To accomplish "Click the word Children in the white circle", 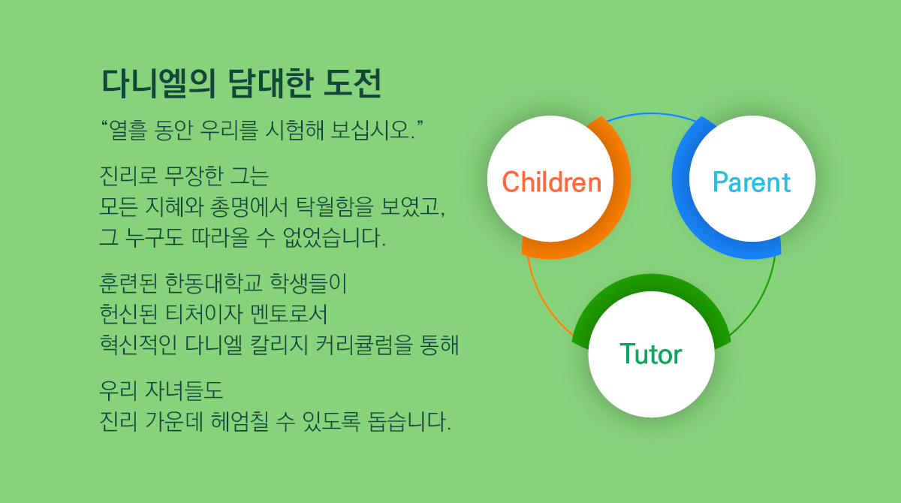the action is tap(552, 182).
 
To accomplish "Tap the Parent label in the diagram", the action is tap(752, 182).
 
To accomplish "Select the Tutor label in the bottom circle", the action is tap(651, 354).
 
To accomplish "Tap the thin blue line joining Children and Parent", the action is tap(651, 114).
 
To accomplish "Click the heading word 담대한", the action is tap(270, 83).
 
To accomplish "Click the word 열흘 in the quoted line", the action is tap(128, 131).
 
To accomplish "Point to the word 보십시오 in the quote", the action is tap(372, 131).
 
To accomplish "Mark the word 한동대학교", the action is tap(213, 283).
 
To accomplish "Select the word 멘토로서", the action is tap(288, 314).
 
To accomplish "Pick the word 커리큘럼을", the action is tap(364, 345).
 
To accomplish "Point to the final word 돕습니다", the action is tap(409, 421).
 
